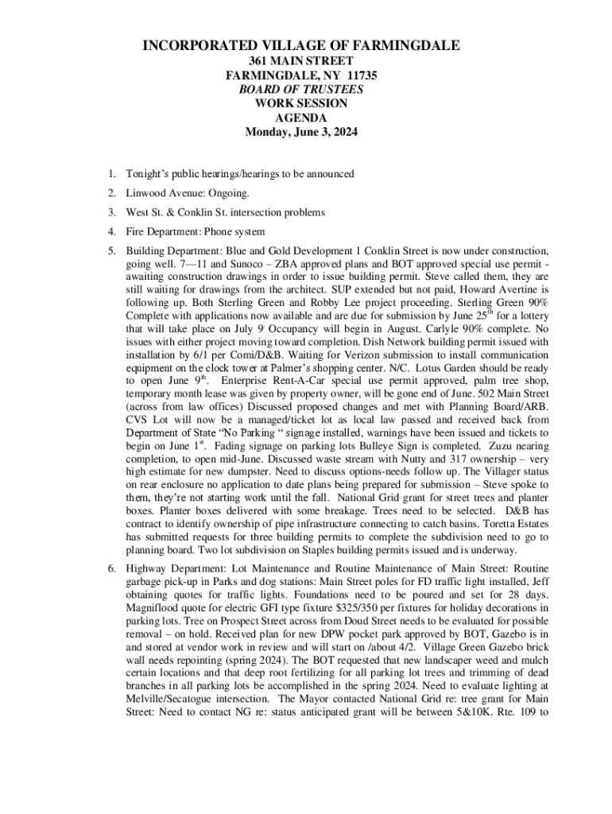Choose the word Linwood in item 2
point(145,193)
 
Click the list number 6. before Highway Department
point(113,569)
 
